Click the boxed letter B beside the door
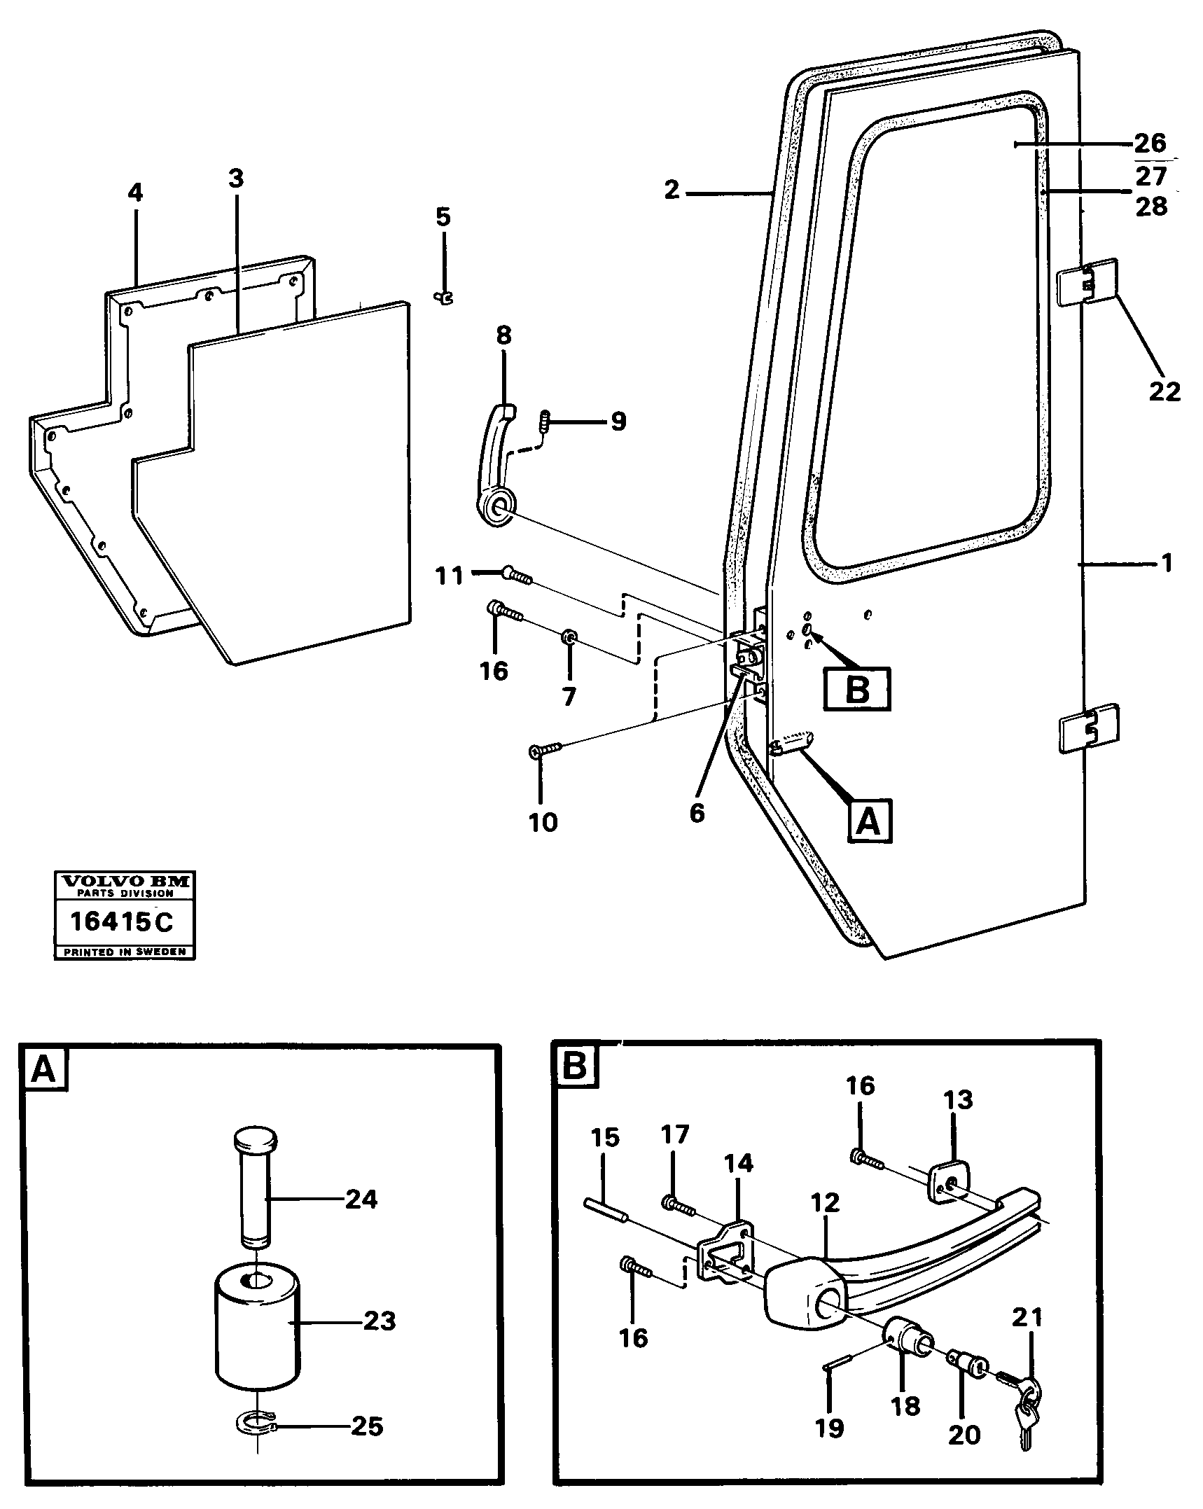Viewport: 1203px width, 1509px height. (857, 689)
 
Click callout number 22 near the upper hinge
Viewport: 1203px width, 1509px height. (1164, 391)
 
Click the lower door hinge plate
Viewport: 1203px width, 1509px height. (1089, 728)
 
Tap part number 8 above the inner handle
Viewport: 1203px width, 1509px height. (503, 336)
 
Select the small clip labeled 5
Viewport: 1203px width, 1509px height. (443, 298)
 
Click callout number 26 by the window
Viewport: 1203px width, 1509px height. (1150, 144)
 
